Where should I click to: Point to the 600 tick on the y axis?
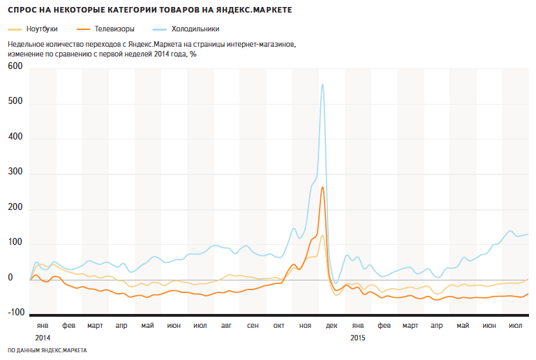click(x=15, y=66)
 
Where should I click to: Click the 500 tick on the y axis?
click(x=15, y=102)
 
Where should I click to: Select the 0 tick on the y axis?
click(x=10, y=278)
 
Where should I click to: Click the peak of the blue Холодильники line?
click(x=322, y=84)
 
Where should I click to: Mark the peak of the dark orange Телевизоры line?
click(x=322, y=187)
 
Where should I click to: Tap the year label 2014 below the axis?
click(x=43, y=338)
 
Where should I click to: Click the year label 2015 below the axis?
click(x=357, y=338)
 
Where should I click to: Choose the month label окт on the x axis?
click(x=279, y=326)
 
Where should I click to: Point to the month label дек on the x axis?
click(x=332, y=326)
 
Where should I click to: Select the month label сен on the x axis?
click(x=253, y=326)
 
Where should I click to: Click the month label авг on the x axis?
click(x=226, y=326)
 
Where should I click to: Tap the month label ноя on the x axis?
click(x=305, y=326)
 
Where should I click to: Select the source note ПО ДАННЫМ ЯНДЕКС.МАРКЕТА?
click(x=47, y=350)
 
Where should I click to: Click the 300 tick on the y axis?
click(x=15, y=172)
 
